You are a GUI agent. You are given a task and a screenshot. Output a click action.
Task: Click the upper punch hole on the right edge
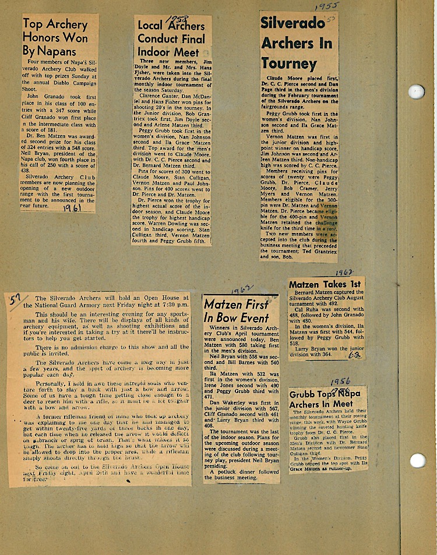coord(416,91)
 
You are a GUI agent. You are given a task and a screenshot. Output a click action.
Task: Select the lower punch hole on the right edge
coord(417,460)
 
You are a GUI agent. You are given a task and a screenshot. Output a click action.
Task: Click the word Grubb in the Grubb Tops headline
coord(303,394)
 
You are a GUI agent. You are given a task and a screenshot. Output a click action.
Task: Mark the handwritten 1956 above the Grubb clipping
coord(340,382)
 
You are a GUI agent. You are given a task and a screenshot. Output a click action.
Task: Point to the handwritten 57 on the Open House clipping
coord(15,300)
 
